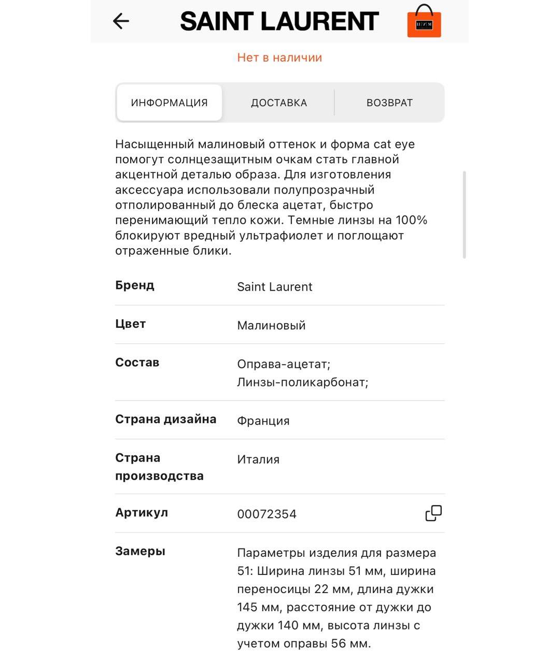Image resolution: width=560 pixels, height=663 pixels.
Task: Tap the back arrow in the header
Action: [x=121, y=21]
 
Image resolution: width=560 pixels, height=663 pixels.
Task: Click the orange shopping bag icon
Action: [x=424, y=22]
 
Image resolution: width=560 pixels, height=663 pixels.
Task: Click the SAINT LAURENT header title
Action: [x=279, y=22]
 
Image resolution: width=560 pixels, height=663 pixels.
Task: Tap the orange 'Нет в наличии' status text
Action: [x=279, y=57]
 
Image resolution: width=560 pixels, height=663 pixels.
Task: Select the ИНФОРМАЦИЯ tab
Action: [x=169, y=103]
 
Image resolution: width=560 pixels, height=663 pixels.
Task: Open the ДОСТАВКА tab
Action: [x=279, y=103]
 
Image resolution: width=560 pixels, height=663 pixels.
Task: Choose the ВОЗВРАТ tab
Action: [x=389, y=103]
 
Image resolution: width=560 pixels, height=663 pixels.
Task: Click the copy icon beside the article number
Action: [x=433, y=513]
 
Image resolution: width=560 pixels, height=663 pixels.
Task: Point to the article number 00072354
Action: [x=267, y=514]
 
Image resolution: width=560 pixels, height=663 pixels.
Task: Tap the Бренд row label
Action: [x=135, y=285]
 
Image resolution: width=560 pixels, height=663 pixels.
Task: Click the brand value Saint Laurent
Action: [x=274, y=287]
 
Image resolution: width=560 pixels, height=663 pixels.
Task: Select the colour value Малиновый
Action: [x=271, y=325]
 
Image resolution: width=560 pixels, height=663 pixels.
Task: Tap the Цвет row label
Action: [x=130, y=324]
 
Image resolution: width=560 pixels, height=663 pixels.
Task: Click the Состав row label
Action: [x=137, y=363]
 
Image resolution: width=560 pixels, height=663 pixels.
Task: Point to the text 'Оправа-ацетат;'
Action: [x=284, y=364]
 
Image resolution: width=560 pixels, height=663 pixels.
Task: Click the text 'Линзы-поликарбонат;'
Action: [x=303, y=382]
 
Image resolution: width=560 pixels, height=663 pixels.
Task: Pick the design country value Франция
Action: [x=263, y=421]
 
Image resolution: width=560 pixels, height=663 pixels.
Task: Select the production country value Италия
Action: [x=258, y=459]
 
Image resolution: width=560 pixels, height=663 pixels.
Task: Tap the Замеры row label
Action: [x=140, y=551]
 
